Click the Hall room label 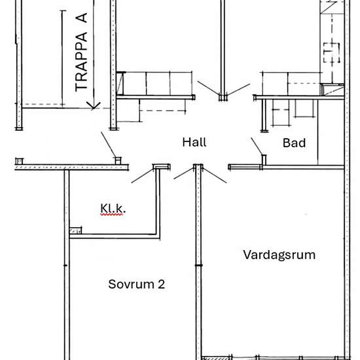194,142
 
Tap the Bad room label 294,143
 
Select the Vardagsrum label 279,255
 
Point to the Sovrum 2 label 136,284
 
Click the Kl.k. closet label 113,208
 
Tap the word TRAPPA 81,62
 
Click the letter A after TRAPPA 81,18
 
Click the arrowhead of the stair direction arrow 94,106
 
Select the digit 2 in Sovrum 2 162,284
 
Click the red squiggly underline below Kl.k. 111,215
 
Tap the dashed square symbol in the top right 332,52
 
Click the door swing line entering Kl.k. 142,176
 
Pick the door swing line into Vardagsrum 215,175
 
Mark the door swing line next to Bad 257,147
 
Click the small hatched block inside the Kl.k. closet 75,230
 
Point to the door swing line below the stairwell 109,145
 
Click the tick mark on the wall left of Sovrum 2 65,265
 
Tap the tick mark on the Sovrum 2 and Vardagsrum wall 198,265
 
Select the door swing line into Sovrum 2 184,173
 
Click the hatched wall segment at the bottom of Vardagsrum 217,358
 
